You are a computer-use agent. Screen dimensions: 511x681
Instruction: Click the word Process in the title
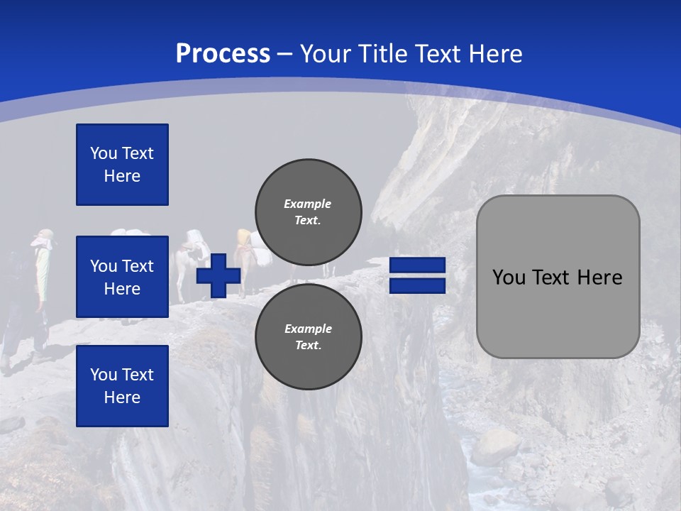pos(223,54)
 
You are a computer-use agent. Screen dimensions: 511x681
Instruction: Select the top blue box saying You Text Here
pos(122,165)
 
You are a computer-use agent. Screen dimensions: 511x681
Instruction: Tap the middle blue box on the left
pos(122,277)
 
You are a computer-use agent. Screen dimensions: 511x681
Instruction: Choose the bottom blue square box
pos(122,385)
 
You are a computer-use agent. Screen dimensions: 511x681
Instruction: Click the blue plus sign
pos(218,276)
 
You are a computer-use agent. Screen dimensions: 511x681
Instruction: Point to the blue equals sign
pos(417,275)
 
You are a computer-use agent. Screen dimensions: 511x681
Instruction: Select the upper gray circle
pos(309,211)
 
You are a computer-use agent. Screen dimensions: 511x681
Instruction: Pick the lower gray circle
pos(309,336)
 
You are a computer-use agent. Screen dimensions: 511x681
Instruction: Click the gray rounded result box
pos(558,277)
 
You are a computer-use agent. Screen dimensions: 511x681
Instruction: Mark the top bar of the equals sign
pos(417,265)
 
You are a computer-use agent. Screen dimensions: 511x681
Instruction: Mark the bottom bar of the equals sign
pos(417,285)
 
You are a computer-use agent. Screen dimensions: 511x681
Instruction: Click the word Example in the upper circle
pos(307,204)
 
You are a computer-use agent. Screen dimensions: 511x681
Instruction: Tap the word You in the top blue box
pos(103,153)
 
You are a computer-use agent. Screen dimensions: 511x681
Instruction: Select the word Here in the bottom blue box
pos(122,397)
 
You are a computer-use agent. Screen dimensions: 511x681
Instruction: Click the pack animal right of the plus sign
pos(245,259)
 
